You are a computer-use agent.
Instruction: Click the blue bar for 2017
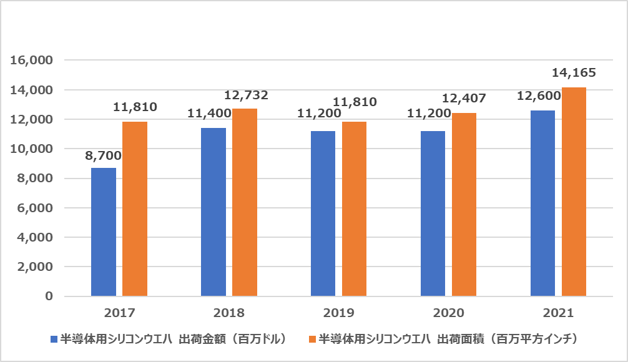(104, 232)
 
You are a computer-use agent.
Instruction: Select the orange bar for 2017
(135, 208)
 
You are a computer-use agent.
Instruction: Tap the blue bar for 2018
(213, 212)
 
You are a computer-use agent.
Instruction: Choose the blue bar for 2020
(433, 213)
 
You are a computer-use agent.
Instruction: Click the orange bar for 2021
(574, 192)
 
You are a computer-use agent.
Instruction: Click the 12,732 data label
(246, 95)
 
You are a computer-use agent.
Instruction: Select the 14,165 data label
(574, 74)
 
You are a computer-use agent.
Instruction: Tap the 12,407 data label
(464, 99)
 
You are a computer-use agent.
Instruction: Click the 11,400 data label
(210, 114)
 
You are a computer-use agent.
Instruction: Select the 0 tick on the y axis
(48, 296)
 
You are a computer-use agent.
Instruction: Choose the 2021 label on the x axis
(558, 313)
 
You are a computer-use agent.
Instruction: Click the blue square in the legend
(54, 340)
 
